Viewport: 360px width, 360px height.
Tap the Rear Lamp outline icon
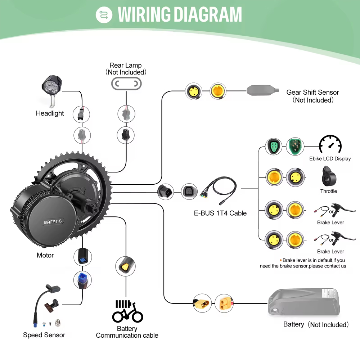pyautogui.click(x=126, y=84)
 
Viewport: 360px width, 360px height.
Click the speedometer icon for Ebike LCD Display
pyautogui.click(x=330, y=144)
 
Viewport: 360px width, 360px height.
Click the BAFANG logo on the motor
pyautogui.click(x=53, y=222)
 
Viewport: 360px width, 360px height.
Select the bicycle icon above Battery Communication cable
pyautogui.click(x=127, y=311)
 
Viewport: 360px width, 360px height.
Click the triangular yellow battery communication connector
pyautogui.click(x=126, y=266)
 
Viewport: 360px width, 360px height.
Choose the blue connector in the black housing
pyautogui.click(x=82, y=256)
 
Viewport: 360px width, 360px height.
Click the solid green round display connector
pyautogui.click(x=295, y=146)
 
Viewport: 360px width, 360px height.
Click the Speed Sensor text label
pyautogui.click(x=44, y=335)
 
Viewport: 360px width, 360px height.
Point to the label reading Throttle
pyautogui.click(x=329, y=191)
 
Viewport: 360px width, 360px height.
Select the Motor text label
pyautogui.click(x=45, y=255)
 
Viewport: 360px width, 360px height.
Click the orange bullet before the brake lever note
pyautogui.click(x=281, y=260)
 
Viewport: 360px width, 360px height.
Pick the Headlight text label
pyautogui.click(x=50, y=113)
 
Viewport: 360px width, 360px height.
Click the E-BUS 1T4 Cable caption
pyautogui.click(x=220, y=213)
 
